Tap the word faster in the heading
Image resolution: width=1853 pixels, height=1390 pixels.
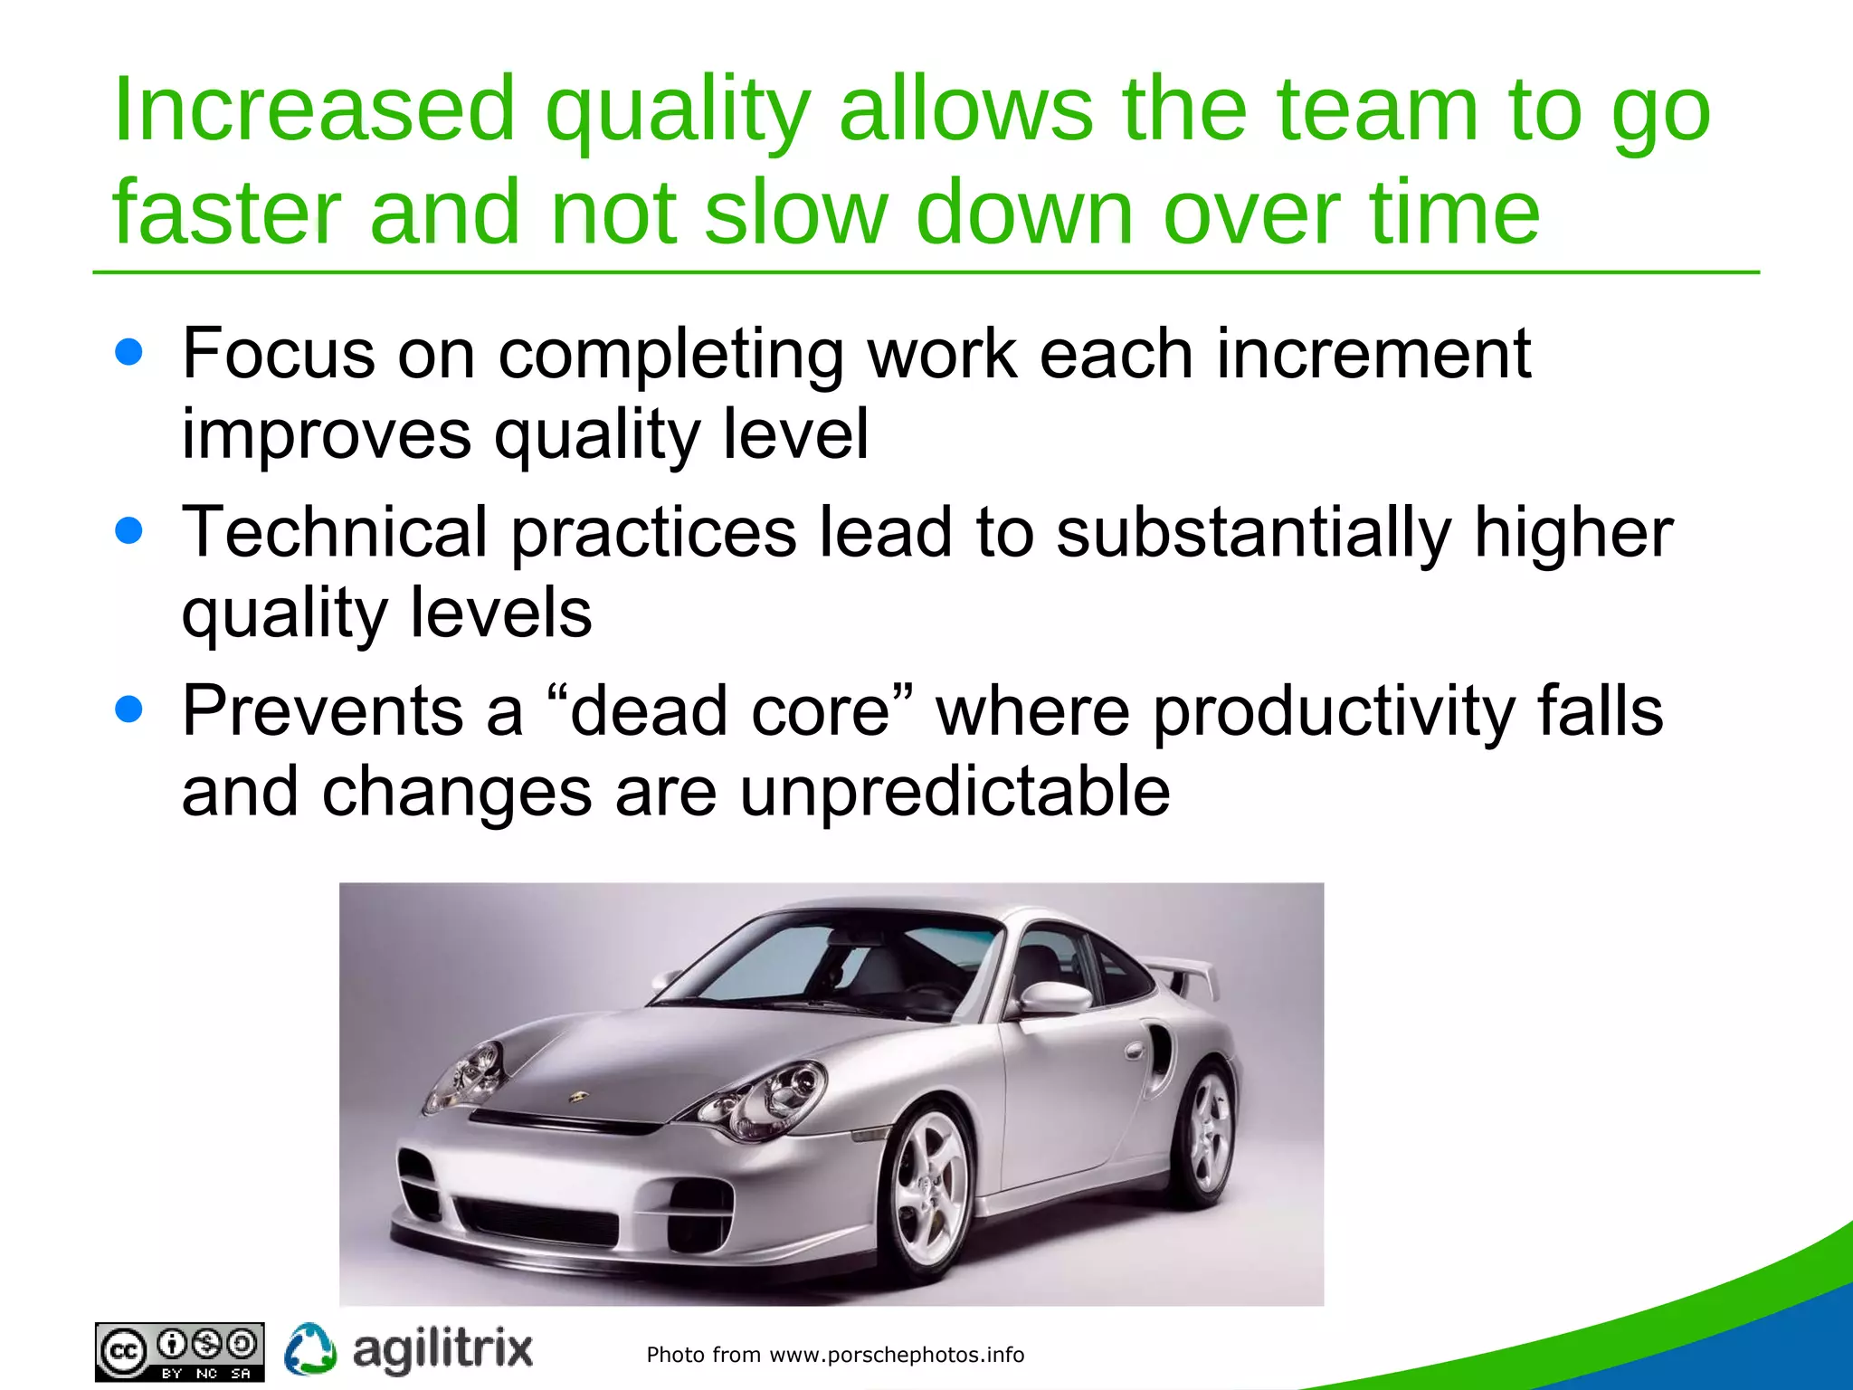point(226,213)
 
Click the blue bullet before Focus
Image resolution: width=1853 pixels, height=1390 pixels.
point(129,352)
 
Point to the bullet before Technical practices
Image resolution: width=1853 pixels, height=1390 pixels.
point(129,531)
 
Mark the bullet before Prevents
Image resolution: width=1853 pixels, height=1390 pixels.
point(129,710)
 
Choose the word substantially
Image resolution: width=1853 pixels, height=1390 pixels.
point(1253,533)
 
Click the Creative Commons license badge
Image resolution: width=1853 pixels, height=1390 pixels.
point(179,1351)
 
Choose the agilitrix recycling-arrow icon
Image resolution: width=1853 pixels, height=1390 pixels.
point(310,1349)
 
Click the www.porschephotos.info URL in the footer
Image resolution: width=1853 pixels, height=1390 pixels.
point(896,1355)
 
